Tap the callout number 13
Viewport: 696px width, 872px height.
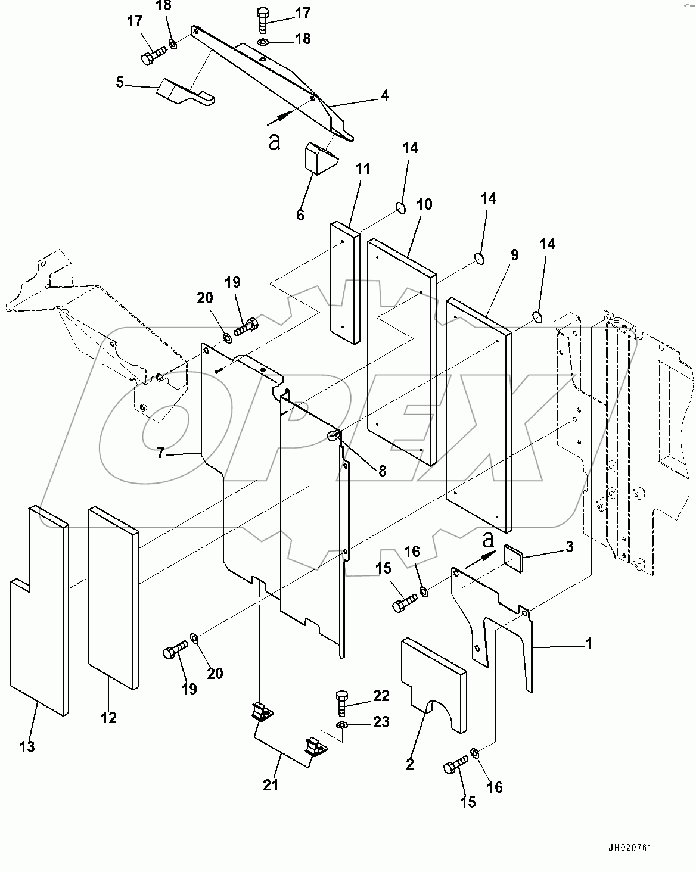tap(27, 746)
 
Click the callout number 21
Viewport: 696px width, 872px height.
tap(271, 785)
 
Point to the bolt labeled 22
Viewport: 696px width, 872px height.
tap(342, 703)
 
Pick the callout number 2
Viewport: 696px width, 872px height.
tap(409, 764)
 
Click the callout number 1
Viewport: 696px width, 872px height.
tap(588, 643)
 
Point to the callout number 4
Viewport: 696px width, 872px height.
tap(385, 95)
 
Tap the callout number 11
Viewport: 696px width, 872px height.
tap(363, 169)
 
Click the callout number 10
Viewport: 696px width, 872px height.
tap(424, 204)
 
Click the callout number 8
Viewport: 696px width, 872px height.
tap(381, 471)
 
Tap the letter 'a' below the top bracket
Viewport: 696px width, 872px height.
tap(274, 141)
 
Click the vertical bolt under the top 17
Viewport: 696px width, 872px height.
tap(263, 20)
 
